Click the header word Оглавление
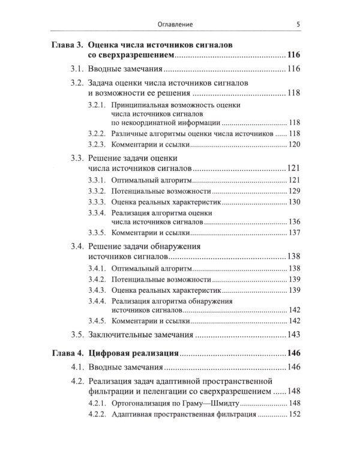[179, 25]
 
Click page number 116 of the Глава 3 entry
[293, 55]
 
